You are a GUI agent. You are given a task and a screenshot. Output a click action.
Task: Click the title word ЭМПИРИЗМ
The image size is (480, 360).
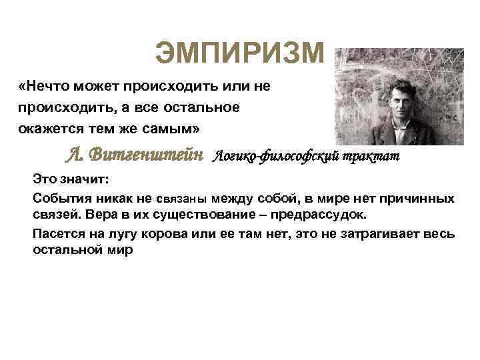tap(239, 54)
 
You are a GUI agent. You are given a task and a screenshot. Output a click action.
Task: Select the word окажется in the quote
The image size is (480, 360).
tap(49, 127)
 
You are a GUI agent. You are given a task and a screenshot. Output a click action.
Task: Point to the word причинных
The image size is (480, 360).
tap(421, 198)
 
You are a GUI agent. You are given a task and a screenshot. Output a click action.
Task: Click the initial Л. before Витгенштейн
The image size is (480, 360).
tap(73, 156)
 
